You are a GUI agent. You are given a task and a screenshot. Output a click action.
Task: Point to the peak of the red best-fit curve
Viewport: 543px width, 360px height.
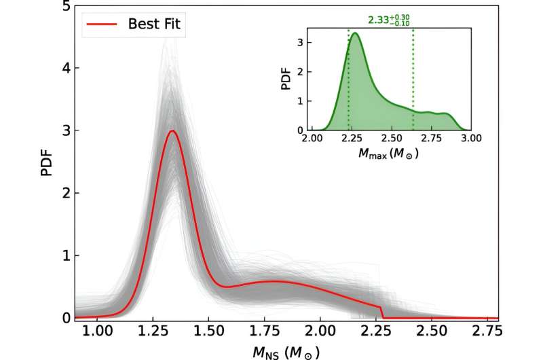coord(173,131)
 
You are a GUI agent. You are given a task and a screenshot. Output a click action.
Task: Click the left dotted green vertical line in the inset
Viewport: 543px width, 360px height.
coord(349,82)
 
